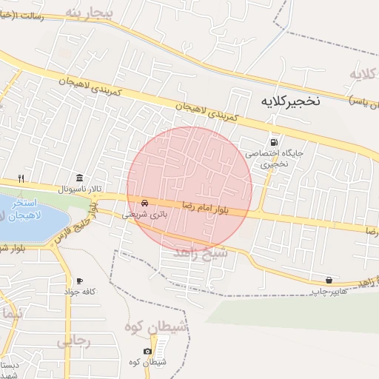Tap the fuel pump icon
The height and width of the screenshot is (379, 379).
coord(275,142)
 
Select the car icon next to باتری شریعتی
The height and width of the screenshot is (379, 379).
coord(144,203)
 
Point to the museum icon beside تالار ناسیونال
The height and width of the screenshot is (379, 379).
coord(79,178)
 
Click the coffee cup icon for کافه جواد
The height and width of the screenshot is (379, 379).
coord(79,281)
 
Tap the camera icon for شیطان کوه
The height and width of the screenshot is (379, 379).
coord(147,351)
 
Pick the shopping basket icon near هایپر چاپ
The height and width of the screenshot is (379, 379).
coord(329,280)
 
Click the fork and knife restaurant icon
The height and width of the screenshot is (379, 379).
coord(21,178)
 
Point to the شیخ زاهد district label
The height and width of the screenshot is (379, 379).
coord(202,252)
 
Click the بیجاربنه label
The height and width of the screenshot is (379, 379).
coord(89,13)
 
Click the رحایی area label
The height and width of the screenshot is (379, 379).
coord(73,341)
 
